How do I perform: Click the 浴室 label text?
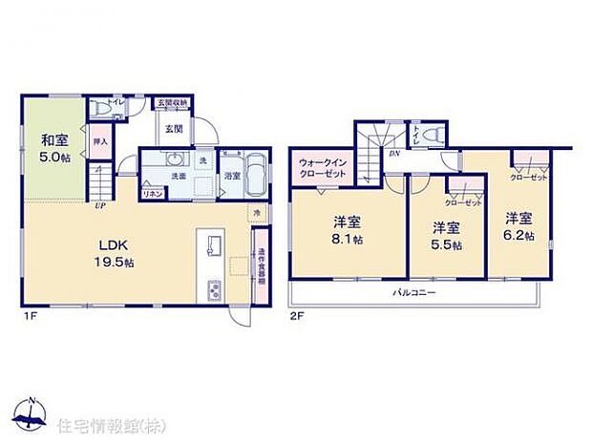tap(231, 176)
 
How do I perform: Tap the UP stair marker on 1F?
tap(99, 203)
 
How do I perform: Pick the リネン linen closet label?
tap(151, 194)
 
